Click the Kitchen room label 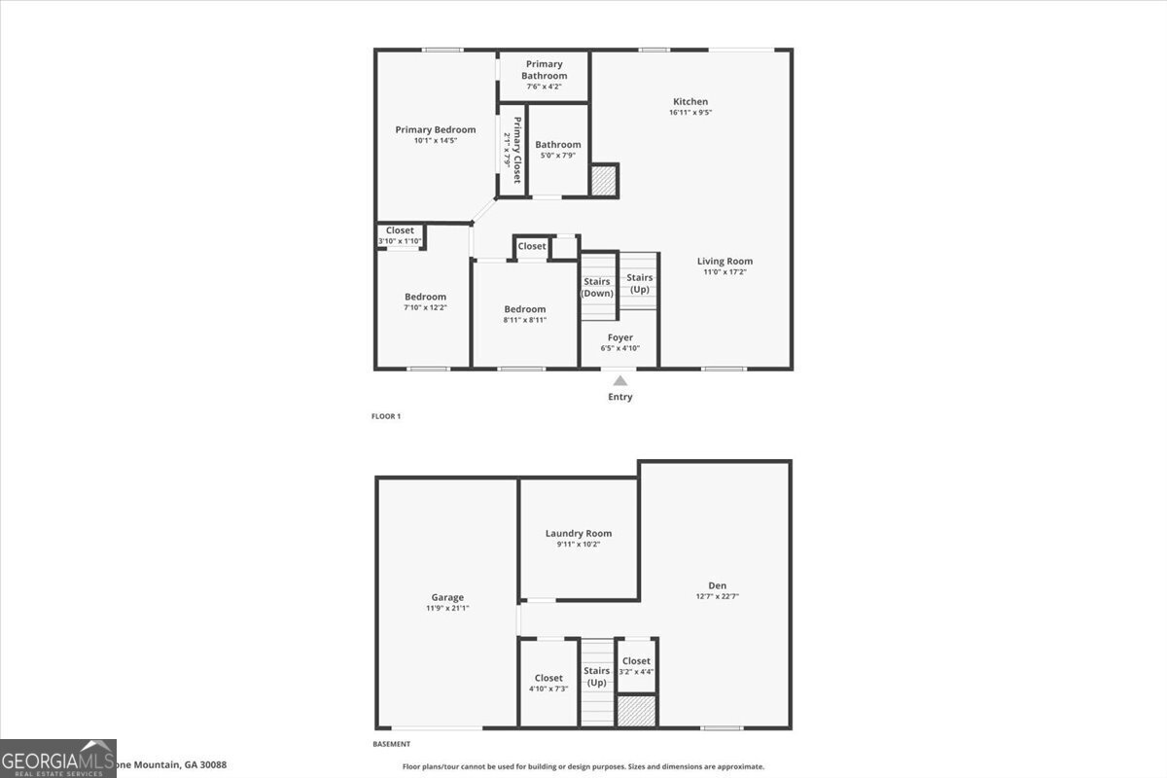click(690, 101)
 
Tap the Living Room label click(725, 261)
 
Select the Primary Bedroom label click(435, 129)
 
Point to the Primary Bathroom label click(544, 70)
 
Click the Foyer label click(619, 337)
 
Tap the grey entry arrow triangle click(620, 381)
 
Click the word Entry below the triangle click(620, 397)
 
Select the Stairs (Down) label click(597, 287)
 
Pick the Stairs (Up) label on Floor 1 click(640, 283)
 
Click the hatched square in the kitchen click(604, 180)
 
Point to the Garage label click(447, 597)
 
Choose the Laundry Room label click(579, 533)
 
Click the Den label click(718, 584)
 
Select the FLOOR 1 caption click(386, 416)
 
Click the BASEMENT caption click(392, 744)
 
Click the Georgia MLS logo click(58, 759)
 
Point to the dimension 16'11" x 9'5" click(690, 113)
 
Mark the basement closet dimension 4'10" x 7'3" click(548, 690)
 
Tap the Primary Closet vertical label click(517, 150)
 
